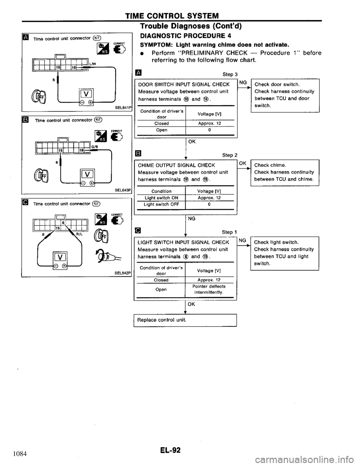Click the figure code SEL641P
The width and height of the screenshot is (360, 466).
click(x=122, y=108)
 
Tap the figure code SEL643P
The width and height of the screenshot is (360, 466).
click(x=122, y=190)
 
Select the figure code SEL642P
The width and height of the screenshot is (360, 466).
click(x=122, y=273)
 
